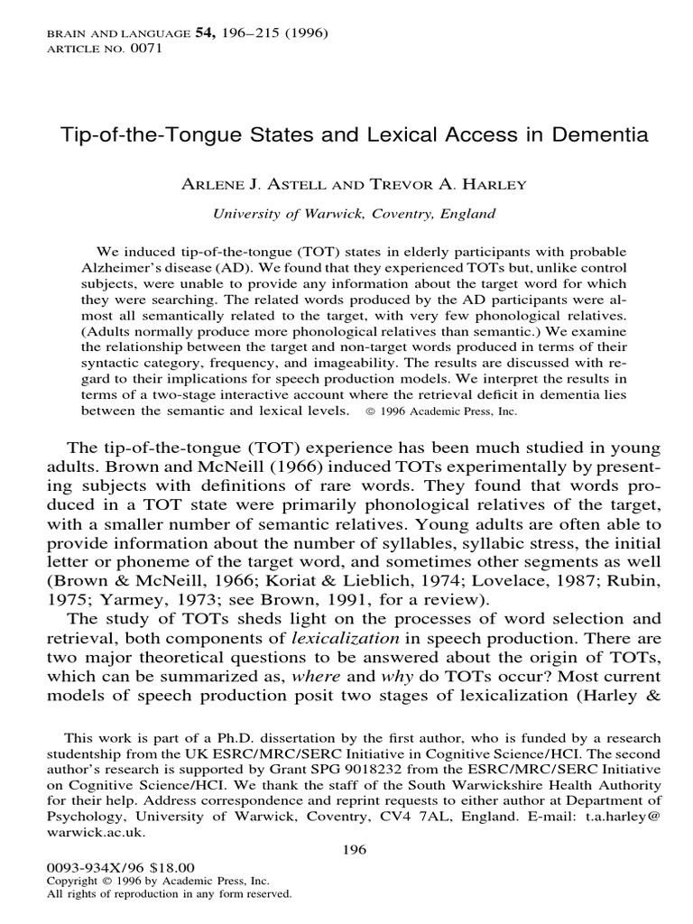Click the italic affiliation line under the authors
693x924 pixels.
353,214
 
